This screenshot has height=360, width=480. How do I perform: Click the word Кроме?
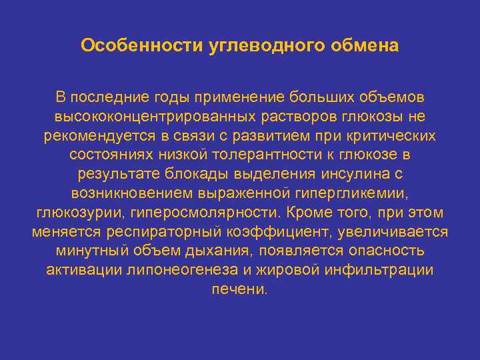click(312, 213)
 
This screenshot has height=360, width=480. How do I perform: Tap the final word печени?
click(239, 290)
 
